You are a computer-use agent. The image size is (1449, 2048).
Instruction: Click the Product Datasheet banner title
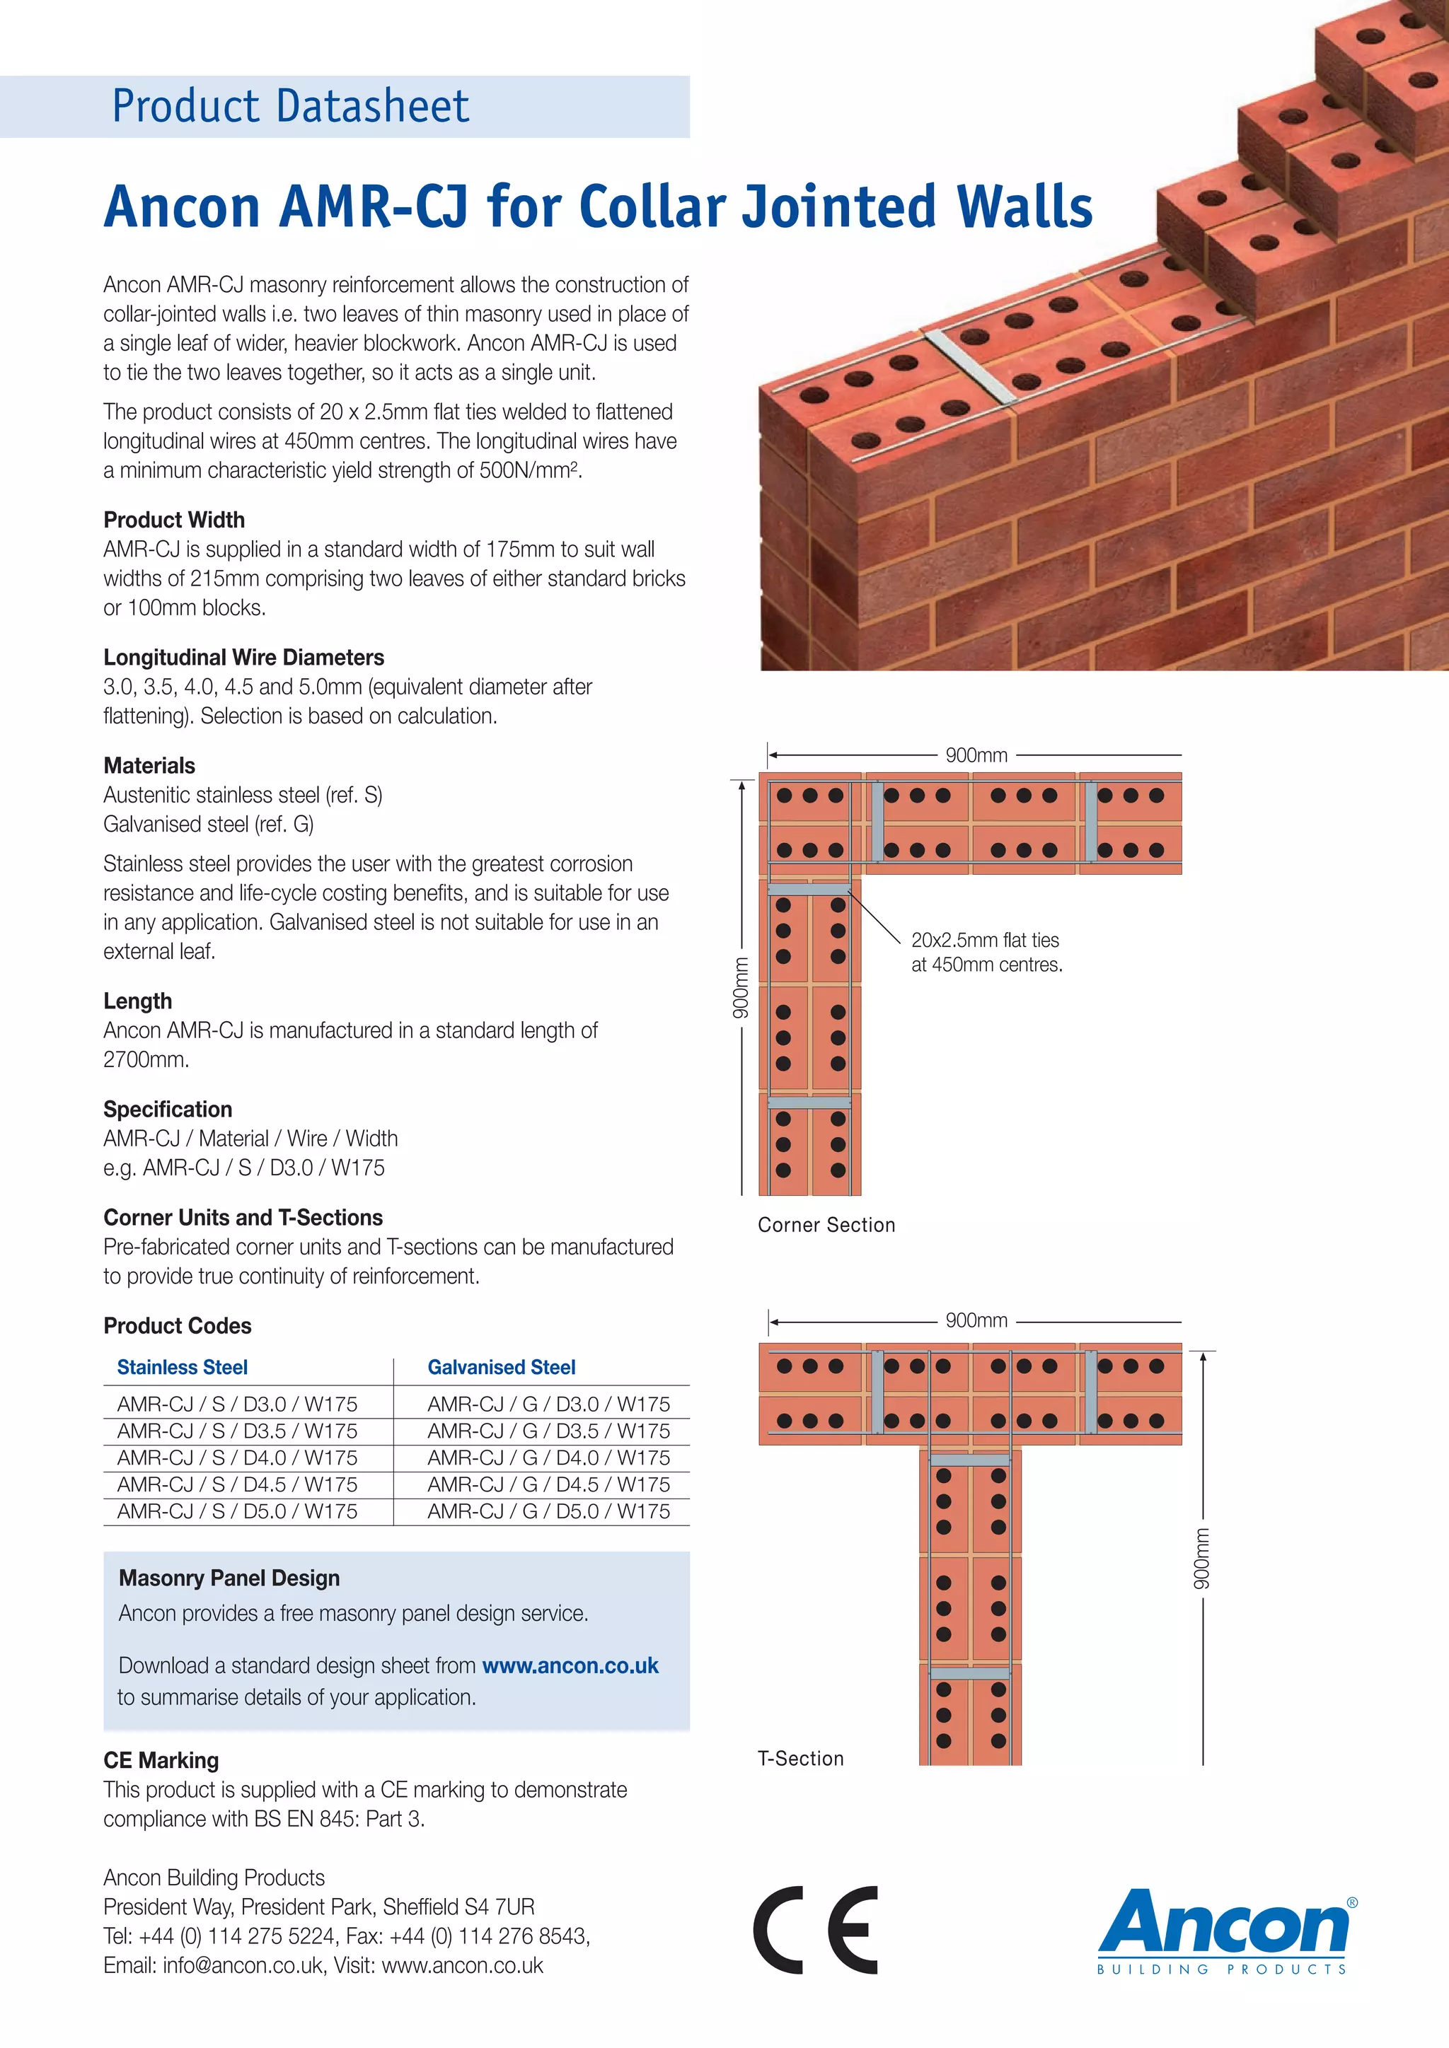pos(290,106)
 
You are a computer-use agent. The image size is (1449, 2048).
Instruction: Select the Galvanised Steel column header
pos(502,1368)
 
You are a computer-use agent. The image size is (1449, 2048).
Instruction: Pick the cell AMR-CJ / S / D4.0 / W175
pos(237,1458)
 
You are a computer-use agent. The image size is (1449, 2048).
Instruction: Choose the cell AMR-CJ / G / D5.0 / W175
pos(549,1511)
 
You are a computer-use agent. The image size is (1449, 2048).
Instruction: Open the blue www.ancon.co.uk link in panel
pos(570,1665)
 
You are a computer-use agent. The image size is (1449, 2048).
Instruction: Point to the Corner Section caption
pos(826,1225)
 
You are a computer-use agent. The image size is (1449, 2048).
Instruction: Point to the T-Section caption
pos(800,1758)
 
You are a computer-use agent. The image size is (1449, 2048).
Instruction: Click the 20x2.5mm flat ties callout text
pos(986,952)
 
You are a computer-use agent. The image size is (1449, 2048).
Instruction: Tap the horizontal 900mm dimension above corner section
pos(976,755)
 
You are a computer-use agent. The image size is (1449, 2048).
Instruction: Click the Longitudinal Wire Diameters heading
pos(243,658)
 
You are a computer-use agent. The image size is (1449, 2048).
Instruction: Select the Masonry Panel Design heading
pos(229,1578)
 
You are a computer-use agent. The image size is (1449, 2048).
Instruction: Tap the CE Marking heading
pos(161,1760)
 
